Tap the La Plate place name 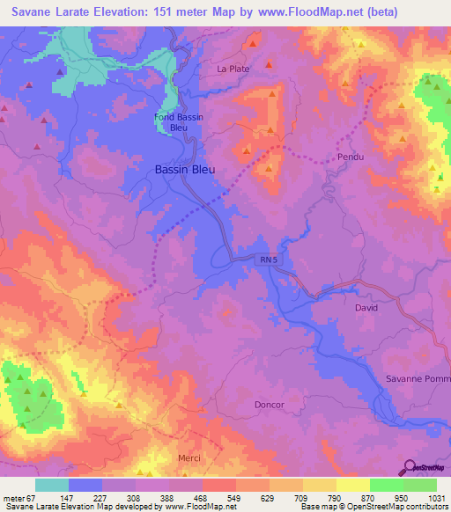pos(234,68)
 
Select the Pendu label pos(351,157)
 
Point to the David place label pos(366,309)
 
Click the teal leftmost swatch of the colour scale pos(52,485)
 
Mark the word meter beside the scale pos(13,499)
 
